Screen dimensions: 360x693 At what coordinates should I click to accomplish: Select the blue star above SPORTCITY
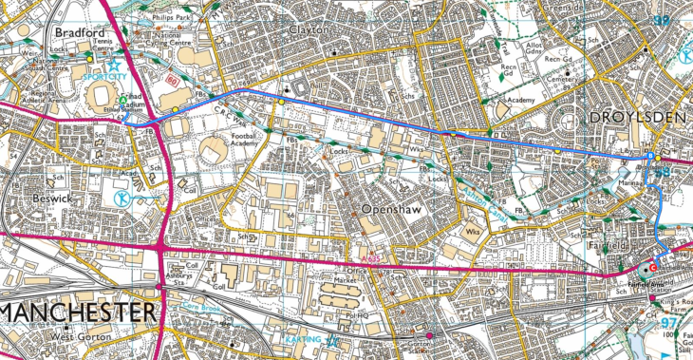point(115,66)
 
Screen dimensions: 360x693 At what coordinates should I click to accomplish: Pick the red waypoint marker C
point(652,268)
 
